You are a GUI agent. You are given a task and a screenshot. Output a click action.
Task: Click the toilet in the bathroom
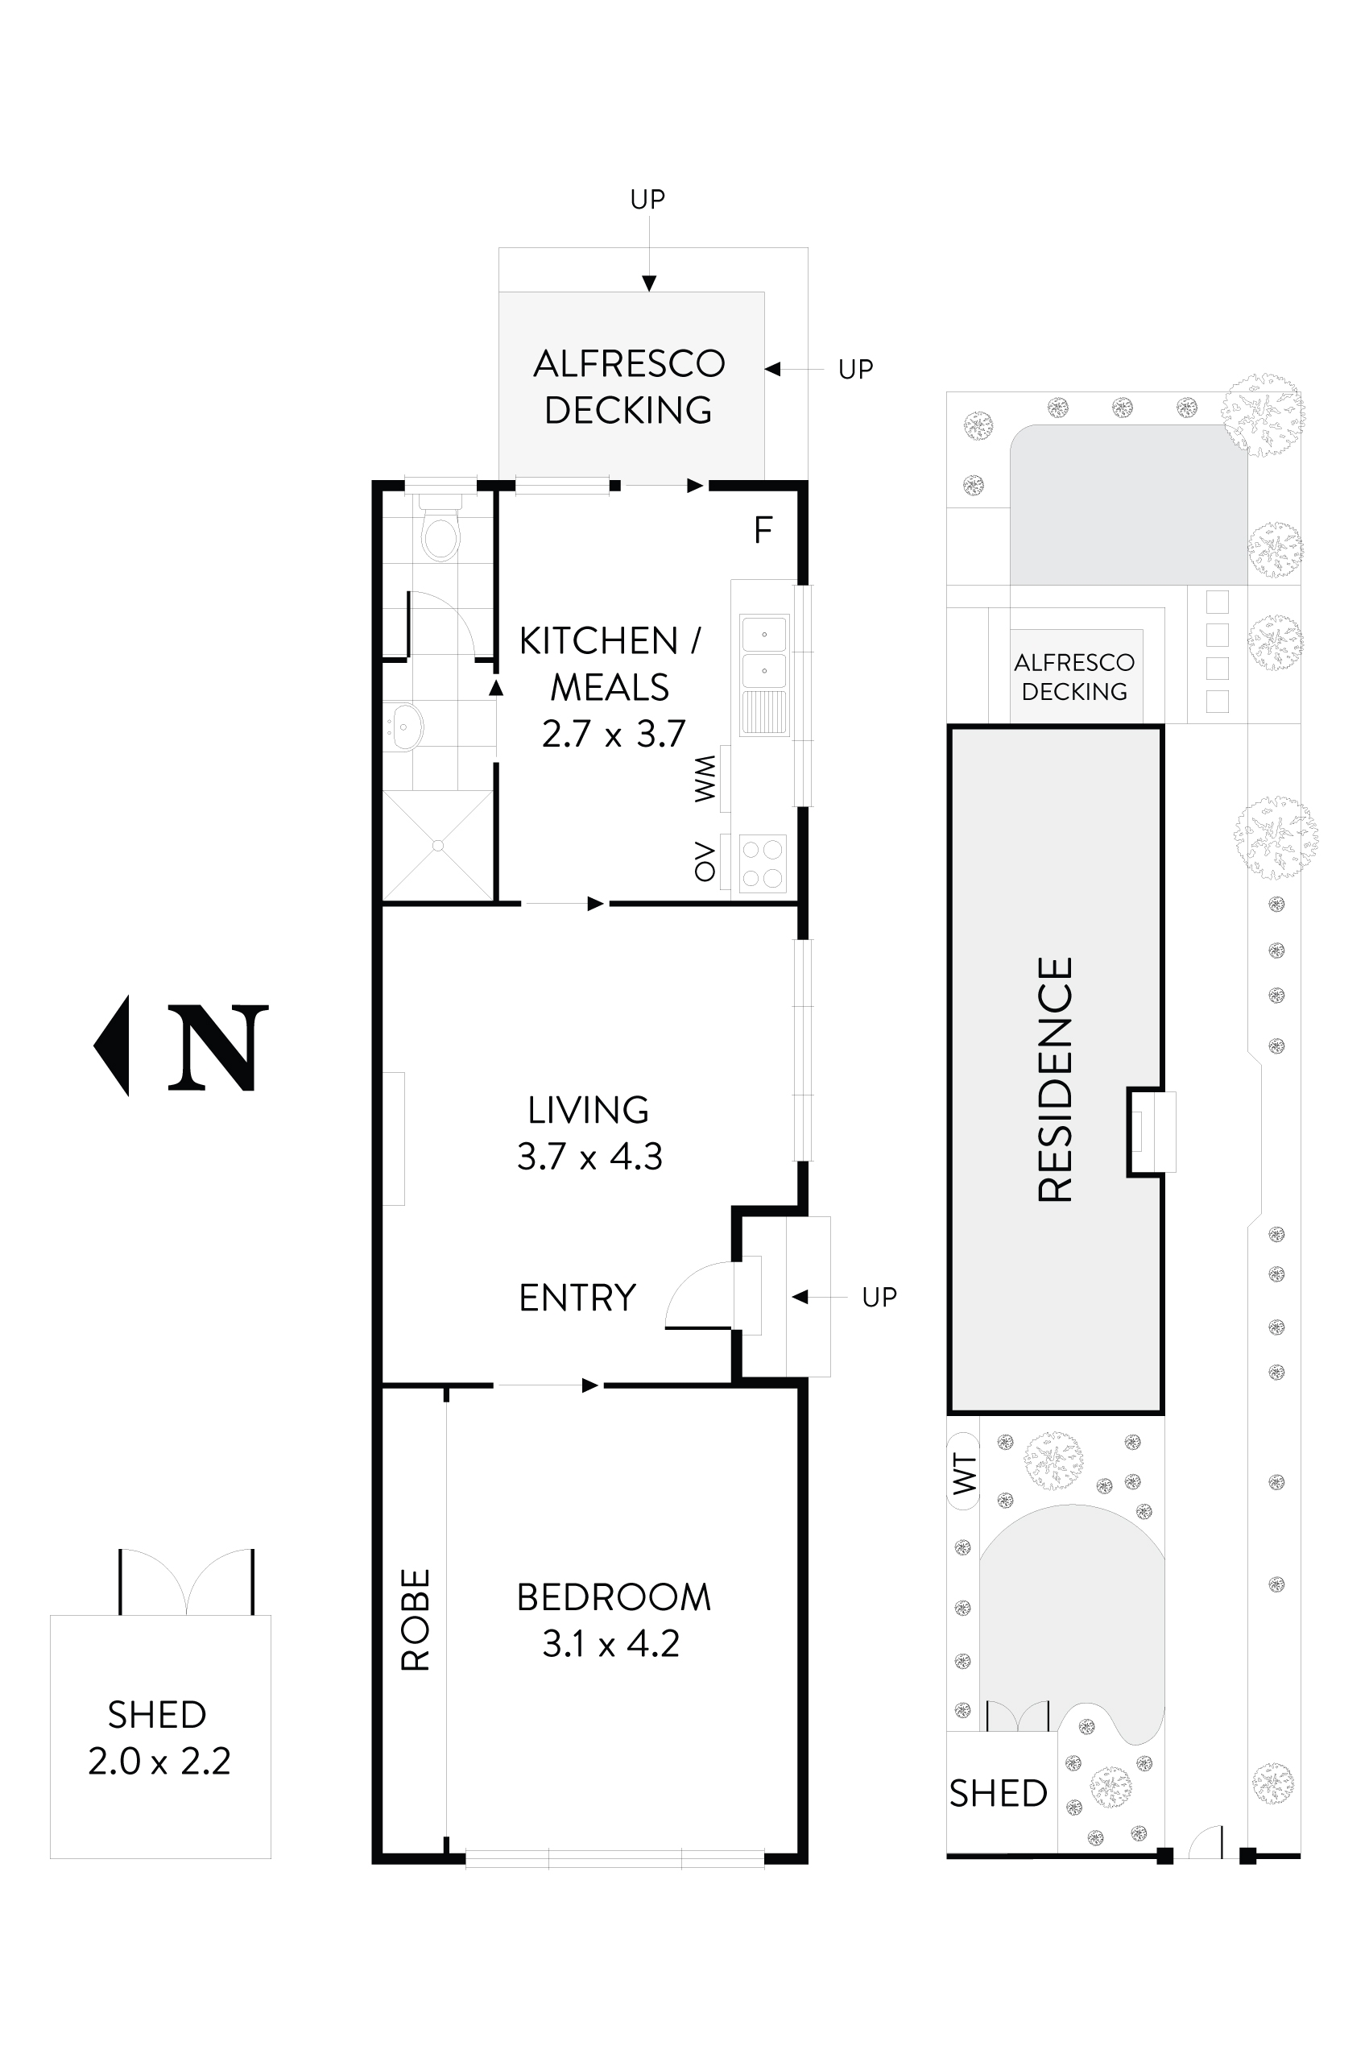[x=440, y=533]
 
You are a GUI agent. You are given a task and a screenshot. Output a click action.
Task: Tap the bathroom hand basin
[x=404, y=727]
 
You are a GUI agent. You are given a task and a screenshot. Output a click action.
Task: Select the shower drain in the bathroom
[x=437, y=845]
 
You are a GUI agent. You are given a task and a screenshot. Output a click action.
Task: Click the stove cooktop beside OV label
[x=761, y=863]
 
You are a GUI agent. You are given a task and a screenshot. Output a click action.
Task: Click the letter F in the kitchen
[x=763, y=530]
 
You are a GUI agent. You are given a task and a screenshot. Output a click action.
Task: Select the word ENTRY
[x=577, y=1298]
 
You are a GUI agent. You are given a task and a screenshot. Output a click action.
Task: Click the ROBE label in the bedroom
[x=416, y=1620]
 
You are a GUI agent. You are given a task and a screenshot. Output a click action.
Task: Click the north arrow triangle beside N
[x=114, y=1046]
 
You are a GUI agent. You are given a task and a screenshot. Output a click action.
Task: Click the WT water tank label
[x=964, y=1473]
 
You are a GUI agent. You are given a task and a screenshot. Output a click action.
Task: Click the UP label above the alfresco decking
[x=647, y=200]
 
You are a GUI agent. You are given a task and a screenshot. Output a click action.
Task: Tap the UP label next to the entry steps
[x=879, y=1298]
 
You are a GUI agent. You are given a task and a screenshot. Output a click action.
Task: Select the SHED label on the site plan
[x=998, y=1794]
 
